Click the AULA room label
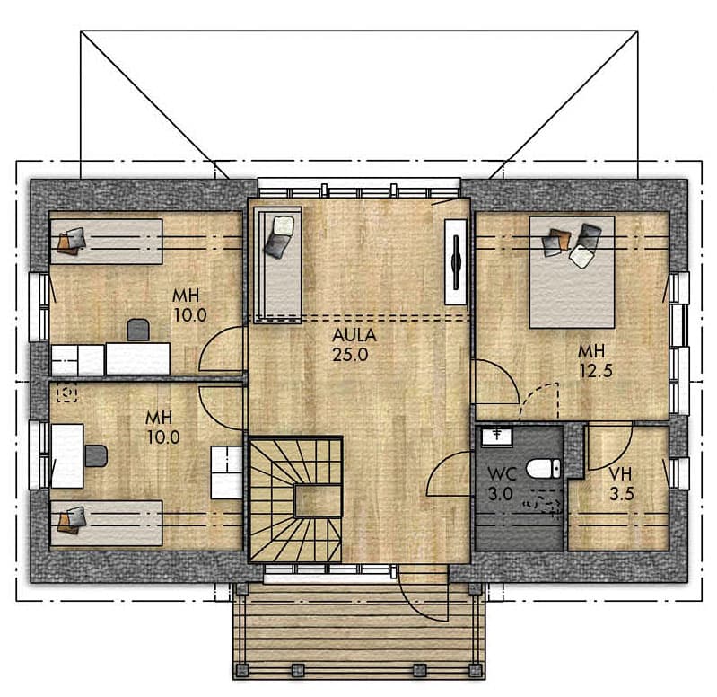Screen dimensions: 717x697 click(354, 335)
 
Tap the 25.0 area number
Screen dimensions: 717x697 click(350, 355)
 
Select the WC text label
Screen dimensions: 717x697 click(502, 473)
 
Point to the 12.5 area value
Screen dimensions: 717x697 click(596, 371)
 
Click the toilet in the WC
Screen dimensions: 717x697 click(543, 469)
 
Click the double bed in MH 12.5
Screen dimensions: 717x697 click(572, 272)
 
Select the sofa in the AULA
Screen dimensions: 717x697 click(278, 265)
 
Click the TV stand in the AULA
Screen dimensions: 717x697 click(456, 261)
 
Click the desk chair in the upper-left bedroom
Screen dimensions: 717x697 click(138, 330)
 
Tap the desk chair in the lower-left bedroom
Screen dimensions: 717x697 click(96, 455)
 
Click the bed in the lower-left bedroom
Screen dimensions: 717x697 click(106, 523)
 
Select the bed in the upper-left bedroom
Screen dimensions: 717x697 click(106, 242)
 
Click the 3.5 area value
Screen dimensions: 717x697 click(622, 494)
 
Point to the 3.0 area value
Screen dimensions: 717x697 click(500, 494)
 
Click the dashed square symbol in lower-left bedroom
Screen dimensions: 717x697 click(66, 393)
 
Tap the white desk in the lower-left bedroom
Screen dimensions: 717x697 click(67, 455)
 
